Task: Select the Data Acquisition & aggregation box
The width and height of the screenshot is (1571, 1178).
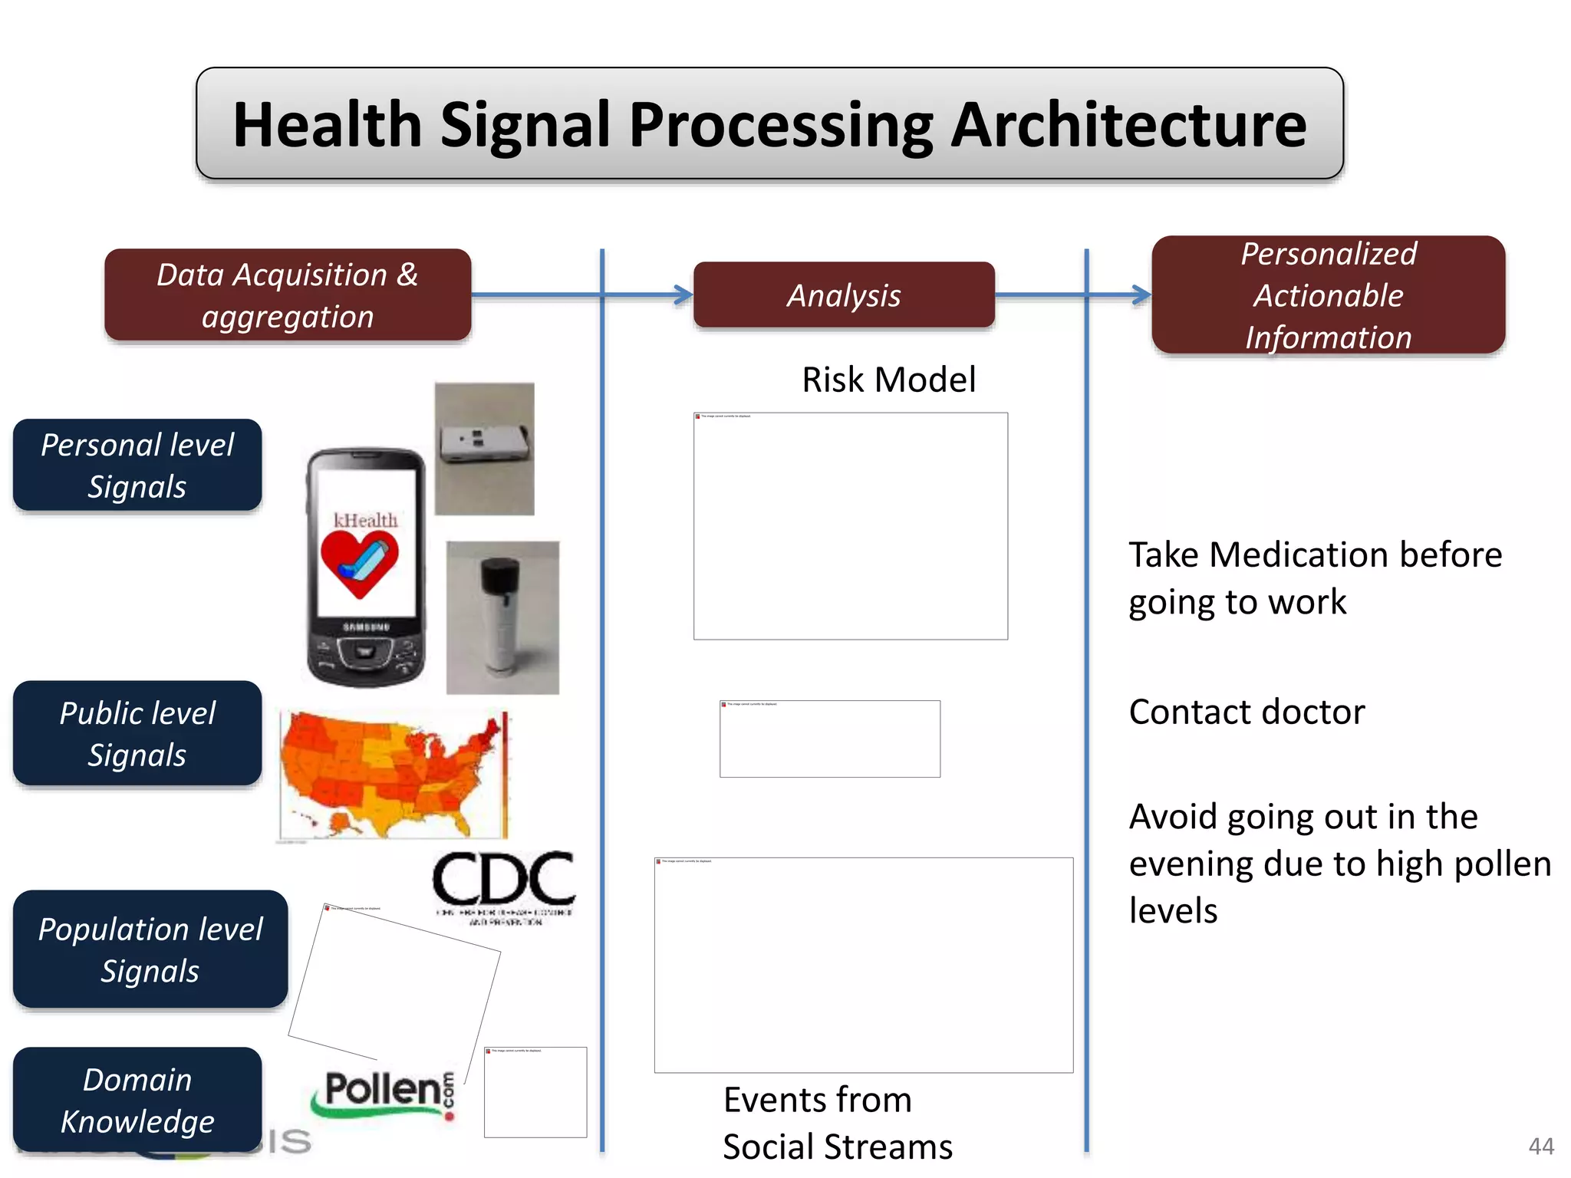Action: pyautogui.click(x=288, y=295)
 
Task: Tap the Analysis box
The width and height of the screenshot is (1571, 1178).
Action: pyautogui.click(x=844, y=295)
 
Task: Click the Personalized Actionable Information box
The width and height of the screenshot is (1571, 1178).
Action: pyautogui.click(x=1328, y=295)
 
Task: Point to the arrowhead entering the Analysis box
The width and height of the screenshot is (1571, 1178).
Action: pyautogui.click(x=683, y=294)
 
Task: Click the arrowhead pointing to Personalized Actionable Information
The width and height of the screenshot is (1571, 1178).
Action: pyautogui.click(x=1142, y=294)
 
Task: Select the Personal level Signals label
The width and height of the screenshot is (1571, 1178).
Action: pyautogui.click(x=137, y=466)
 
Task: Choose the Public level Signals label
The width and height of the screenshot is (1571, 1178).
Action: pyautogui.click(x=137, y=733)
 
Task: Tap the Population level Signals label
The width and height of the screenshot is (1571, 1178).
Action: pyautogui.click(x=150, y=949)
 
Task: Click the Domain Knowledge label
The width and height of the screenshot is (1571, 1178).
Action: pyautogui.click(x=137, y=1100)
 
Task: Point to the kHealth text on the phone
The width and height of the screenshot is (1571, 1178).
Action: pyautogui.click(x=366, y=520)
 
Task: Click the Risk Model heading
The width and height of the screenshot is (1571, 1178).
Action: pyautogui.click(x=888, y=380)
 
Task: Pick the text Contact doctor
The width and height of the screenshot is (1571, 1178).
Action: pyautogui.click(x=1247, y=712)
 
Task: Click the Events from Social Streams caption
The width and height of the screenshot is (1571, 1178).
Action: pyautogui.click(x=836, y=1124)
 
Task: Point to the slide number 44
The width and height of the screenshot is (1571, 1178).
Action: pyautogui.click(x=1540, y=1146)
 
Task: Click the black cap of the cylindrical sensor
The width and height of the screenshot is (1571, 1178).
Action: pyautogui.click(x=500, y=575)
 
